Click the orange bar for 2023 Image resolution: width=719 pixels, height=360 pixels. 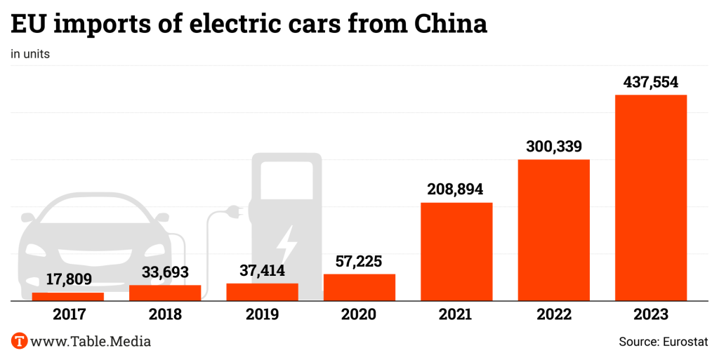(650, 197)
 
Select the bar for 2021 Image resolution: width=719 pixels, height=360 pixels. (456, 251)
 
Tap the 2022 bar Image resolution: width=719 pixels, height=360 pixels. (553, 229)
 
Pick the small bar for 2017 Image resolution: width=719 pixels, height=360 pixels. (68, 296)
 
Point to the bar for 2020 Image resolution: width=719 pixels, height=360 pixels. (359, 287)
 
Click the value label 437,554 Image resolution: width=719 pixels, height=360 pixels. (651, 82)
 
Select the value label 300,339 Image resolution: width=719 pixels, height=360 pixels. (554, 147)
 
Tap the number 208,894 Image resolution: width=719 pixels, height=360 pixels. (456, 189)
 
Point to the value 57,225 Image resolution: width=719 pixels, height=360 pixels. (359, 262)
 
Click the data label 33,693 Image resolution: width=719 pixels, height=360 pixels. (165, 272)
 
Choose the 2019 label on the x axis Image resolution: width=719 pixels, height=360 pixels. (263, 314)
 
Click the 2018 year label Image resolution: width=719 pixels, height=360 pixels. (165, 314)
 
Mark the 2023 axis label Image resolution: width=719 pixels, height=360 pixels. (651, 314)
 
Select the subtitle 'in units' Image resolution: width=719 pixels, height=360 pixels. (30, 54)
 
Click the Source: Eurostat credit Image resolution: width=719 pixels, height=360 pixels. (664, 342)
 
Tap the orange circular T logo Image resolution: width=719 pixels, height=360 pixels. (20, 342)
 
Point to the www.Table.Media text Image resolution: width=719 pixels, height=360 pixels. (91, 342)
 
